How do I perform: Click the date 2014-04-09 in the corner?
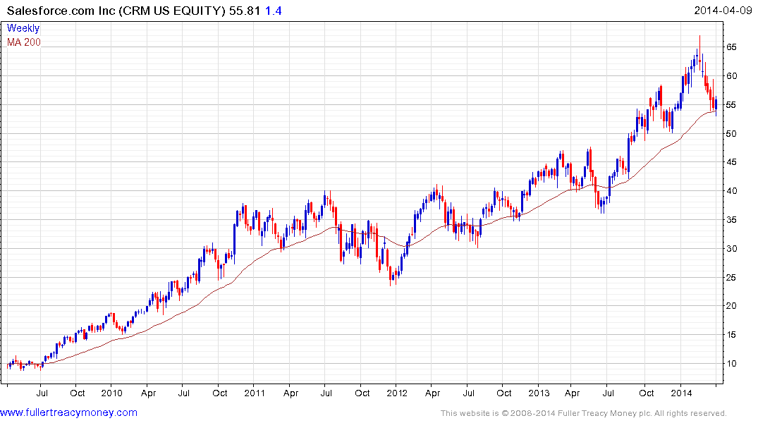pyautogui.click(x=722, y=10)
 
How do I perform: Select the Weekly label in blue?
pyautogui.click(x=23, y=28)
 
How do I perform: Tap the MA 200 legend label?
pyautogui.click(x=24, y=42)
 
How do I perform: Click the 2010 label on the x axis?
pyautogui.click(x=111, y=393)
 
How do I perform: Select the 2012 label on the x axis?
pyautogui.click(x=396, y=393)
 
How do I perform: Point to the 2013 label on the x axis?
pyautogui.click(x=539, y=393)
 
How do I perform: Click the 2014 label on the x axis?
pyautogui.click(x=681, y=393)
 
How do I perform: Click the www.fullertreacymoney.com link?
pyautogui.click(x=68, y=412)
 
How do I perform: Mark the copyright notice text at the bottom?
pyautogui.click(x=583, y=413)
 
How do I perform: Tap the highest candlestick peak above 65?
pyautogui.click(x=699, y=37)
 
